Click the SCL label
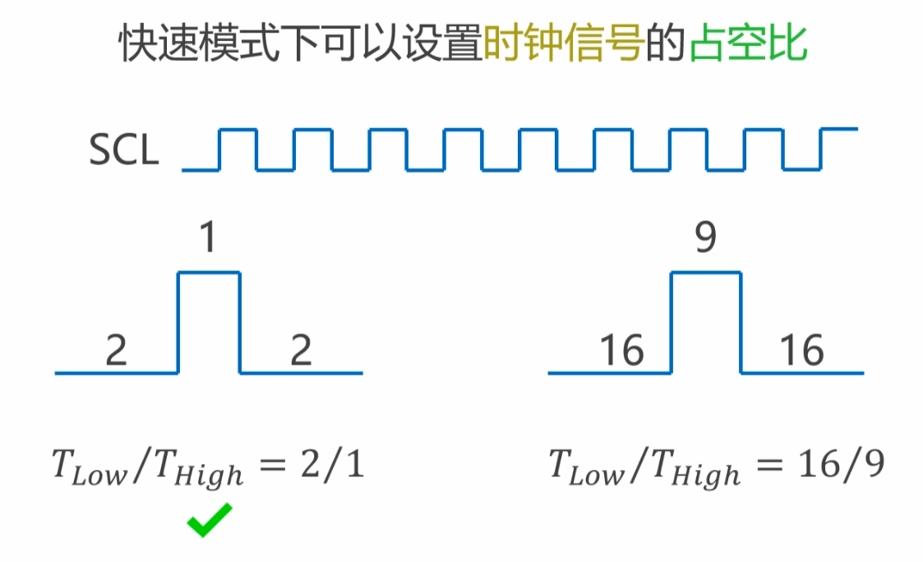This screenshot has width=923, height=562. [123, 151]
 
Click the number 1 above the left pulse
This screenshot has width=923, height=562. [209, 238]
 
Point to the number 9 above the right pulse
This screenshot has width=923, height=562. [706, 238]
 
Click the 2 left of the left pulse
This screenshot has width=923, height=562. [117, 351]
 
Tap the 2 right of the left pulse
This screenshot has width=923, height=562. [302, 351]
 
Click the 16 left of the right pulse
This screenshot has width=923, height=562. [621, 351]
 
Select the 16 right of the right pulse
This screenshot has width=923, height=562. [801, 351]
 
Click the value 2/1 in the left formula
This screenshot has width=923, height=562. [334, 467]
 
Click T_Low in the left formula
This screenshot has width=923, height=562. [89, 468]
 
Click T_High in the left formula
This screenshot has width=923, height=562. [197, 470]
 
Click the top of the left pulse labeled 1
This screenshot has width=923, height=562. [210, 273]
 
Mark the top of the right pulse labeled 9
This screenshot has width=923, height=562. [706, 273]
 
